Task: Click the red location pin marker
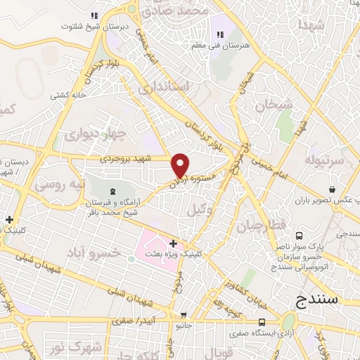pyautogui.click(x=180, y=164)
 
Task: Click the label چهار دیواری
pyautogui.click(x=104, y=134)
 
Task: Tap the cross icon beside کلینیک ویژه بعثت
pyautogui.click(x=173, y=243)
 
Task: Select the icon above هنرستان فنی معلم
pyautogui.click(x=220, y=34)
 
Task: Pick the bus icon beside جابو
pyautogui.click(x=184, y=316)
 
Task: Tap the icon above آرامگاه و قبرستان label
pyautogui.click(x=112, y=191)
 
